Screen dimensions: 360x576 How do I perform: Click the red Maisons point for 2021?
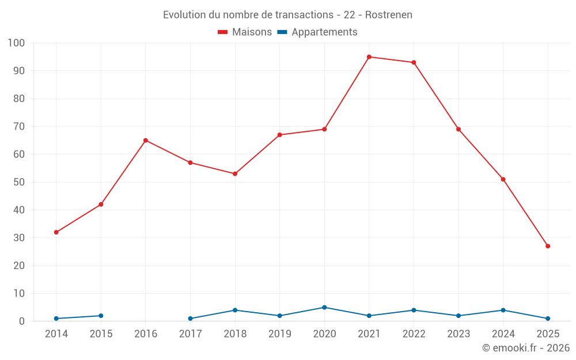369,57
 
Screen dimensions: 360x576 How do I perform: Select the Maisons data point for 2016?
146,141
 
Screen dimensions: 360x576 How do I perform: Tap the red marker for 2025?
548,246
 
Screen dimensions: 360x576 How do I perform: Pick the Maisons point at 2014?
56,232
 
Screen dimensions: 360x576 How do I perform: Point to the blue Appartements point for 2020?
324,308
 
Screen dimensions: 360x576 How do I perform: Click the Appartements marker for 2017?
190,319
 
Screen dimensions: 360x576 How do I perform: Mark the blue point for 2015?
101,316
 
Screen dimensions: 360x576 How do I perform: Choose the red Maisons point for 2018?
235,174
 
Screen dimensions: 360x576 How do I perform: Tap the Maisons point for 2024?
503,179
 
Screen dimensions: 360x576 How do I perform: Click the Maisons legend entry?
245,32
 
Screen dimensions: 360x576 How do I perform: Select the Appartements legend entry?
317,32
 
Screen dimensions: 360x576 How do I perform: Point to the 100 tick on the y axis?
17,43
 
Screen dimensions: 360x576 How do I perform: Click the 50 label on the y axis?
19,182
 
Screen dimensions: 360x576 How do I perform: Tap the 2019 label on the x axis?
280,334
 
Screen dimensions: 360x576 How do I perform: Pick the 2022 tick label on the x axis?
414,334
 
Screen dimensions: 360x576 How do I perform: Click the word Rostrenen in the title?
389,15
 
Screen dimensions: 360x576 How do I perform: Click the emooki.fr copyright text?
526,348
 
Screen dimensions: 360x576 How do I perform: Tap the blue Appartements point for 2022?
414,310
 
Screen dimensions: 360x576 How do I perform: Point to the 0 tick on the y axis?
22,321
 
